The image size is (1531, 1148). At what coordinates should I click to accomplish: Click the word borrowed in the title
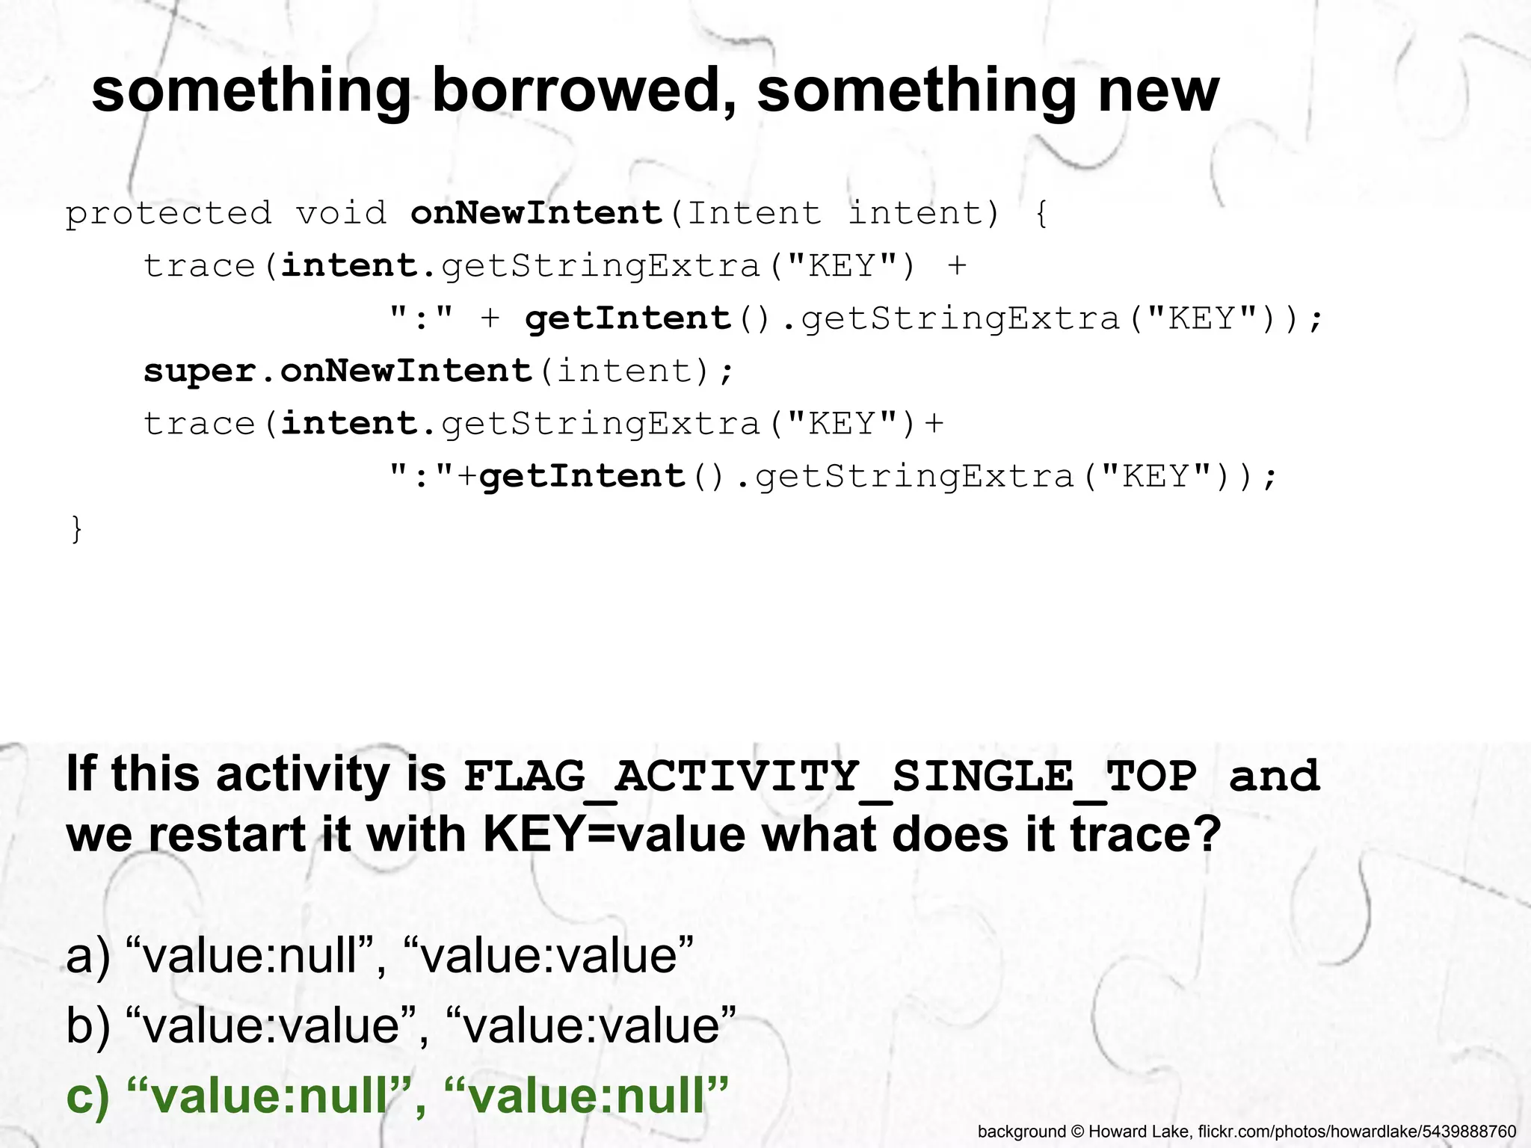pyautogui.click(x=584, y=90)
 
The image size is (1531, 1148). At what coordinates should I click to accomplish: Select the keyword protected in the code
pyautogui.click(x=169, y=214)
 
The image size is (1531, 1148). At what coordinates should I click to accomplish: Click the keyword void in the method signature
pyautogui.click(x=341, y=214)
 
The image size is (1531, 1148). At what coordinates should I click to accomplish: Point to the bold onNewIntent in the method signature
pyautogui.click(x=537, y=214)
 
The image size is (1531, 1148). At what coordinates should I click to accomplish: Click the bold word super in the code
pyautogui.click(x=200, y=371)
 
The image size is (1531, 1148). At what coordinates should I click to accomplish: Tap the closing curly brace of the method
pyautogui.click(x=76, y=529)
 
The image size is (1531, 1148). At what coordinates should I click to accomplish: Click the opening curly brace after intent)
pyautogui.click(x=1041, y=214)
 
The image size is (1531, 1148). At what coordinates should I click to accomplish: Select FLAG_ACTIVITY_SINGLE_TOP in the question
pyautogui.click(x=830, y=777)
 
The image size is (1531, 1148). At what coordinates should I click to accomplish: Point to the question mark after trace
pyautogui.click(x=1207, y=834)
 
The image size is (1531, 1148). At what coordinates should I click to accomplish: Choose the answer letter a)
pyautogui.click(x=87, y=957)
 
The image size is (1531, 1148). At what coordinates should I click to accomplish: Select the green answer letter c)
pyautogui.click(x=87, y=1096)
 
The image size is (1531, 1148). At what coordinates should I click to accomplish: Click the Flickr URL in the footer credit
pyautogui.click(x=1356, y=1132)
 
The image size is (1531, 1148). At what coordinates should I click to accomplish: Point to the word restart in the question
pyautogui.click(x=227, y=834)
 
